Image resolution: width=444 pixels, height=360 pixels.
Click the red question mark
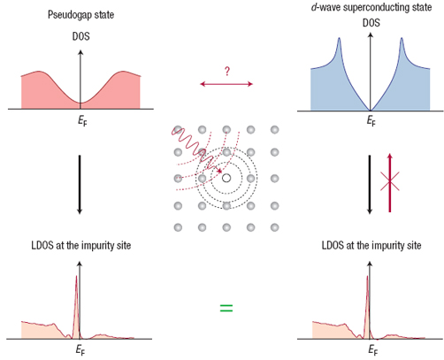(x=226, y=72)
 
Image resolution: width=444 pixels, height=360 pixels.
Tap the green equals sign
(x=226, y=308)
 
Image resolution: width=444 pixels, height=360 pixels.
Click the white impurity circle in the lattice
(x=226, y=178)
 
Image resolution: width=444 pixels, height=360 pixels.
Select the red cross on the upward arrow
(x=390, y=181)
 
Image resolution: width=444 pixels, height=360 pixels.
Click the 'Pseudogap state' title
(x=80, y=15)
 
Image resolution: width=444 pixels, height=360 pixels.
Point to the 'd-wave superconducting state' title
(x=371, y=7)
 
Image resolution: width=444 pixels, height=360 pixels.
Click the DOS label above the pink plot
(x=80, y=36)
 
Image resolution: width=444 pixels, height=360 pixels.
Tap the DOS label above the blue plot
(x=371, y=23)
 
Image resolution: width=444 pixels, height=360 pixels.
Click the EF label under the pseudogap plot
(x=82, y=120)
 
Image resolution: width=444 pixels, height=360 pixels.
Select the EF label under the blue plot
(x=371, y=120)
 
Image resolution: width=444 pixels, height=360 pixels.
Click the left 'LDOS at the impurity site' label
(x=81, y=245)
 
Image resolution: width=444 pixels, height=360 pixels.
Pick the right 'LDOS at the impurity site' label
(x=371, y=245)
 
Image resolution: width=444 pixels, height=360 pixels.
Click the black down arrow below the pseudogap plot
(x=80, y=185)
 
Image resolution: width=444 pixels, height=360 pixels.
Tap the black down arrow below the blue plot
(x=370, y=185)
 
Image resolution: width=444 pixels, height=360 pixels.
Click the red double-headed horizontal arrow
(x=226, y=84)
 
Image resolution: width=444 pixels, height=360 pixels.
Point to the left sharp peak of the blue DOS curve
(x=340, y=38)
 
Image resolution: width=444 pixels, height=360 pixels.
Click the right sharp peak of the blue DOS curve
(x=402, y=38)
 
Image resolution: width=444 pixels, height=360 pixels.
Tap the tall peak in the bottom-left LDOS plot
(x=76, y=277)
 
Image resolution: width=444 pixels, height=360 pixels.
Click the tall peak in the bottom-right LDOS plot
(x=367, y=277)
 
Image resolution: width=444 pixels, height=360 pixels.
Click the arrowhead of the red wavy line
(x=219, y=171)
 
